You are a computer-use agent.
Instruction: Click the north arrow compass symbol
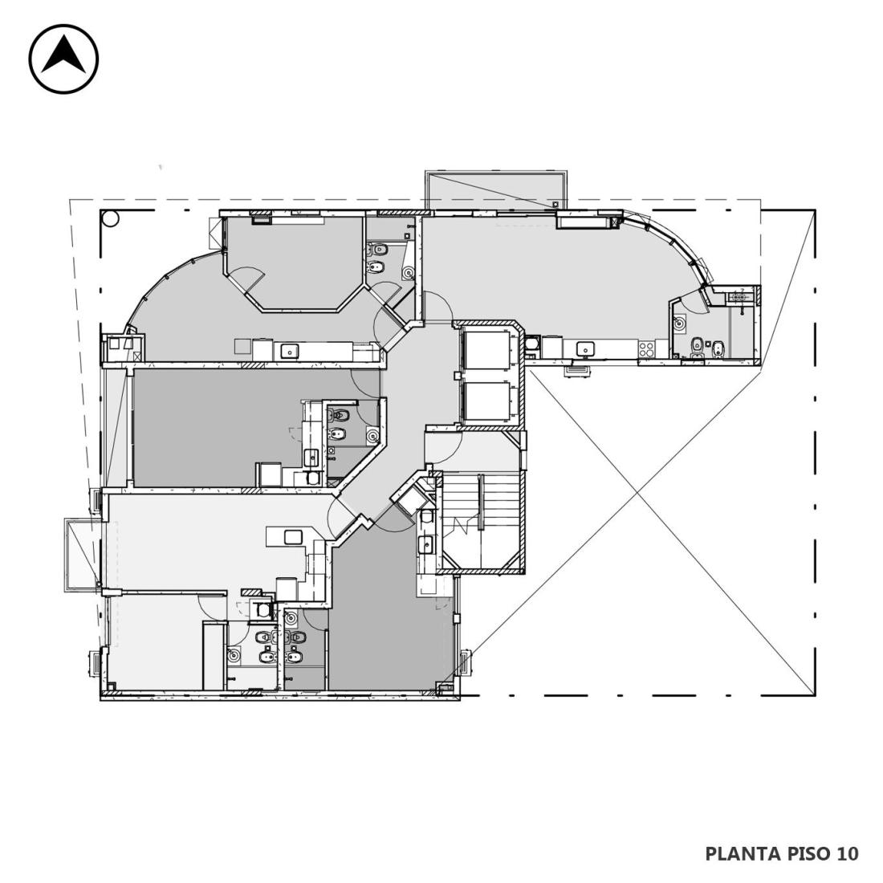[x=63, y=59]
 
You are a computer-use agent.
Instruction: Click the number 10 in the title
[x=848, y=853]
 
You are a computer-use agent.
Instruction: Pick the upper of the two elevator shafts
[x=486, y=350]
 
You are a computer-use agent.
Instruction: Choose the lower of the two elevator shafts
[x=486, y=401]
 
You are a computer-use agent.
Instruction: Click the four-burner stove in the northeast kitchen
[x=646, y=349]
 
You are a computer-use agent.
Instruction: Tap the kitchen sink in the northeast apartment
[x=586, y=349]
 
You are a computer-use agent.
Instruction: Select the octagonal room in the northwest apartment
[x=294, y=262]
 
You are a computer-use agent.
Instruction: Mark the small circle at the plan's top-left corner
[x=111, y=218]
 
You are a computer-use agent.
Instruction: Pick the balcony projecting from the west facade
[x=83, y=555]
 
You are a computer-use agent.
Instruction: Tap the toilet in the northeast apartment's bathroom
[x=697, y=344]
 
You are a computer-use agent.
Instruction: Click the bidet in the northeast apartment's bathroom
[x=718, y=349]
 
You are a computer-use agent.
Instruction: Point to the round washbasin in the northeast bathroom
[x=681, y=323]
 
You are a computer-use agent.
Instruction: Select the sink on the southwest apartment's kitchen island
[x=293, y=537]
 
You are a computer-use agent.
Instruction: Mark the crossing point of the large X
[x=637, y=494]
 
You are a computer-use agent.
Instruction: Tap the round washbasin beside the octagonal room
[x=409, y=274]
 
